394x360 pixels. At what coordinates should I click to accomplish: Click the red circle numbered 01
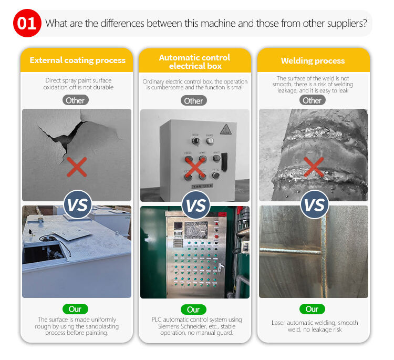coord(27,23)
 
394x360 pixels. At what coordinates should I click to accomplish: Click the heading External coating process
coord(77,60)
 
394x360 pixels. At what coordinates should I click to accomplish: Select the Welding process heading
coord(313,61)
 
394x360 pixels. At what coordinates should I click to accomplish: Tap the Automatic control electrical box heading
coord(195,61)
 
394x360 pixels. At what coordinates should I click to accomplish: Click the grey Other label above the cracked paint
coord(75,100)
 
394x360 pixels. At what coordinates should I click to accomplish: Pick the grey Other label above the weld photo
coord(313,100)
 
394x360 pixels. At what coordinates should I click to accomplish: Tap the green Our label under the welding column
coord(312,309)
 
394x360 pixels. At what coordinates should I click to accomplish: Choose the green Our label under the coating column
coord(75,309)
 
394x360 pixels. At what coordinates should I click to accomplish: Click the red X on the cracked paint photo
coord(77,167)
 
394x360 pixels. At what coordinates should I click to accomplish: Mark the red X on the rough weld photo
coord(314,167)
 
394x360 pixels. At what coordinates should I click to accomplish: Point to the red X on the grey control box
coord(195,168)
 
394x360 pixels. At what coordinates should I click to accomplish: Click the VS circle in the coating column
coord(78,204)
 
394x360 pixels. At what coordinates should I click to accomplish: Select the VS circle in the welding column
coord(314,204)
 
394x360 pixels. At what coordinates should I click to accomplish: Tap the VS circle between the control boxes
coord(196,205)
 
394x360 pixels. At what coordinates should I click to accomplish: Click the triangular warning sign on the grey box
coord(226,129)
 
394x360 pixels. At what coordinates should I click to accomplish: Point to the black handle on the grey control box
coord(224,162)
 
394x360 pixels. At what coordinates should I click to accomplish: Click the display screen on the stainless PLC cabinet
coord(196,230)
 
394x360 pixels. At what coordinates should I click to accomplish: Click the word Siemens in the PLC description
coord(169,326)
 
